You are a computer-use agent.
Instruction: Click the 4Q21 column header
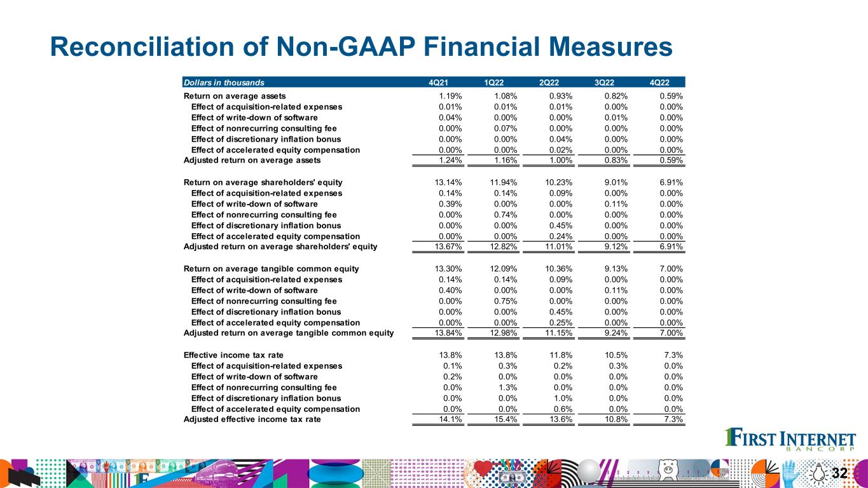(439, 82)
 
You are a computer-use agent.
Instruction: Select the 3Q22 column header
(604, 82)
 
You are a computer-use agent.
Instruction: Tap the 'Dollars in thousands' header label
(224, 82)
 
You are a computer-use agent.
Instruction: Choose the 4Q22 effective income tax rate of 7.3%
(673, 355)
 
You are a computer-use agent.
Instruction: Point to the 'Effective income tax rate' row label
(233, 355)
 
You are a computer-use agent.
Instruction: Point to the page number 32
(839, 473)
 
